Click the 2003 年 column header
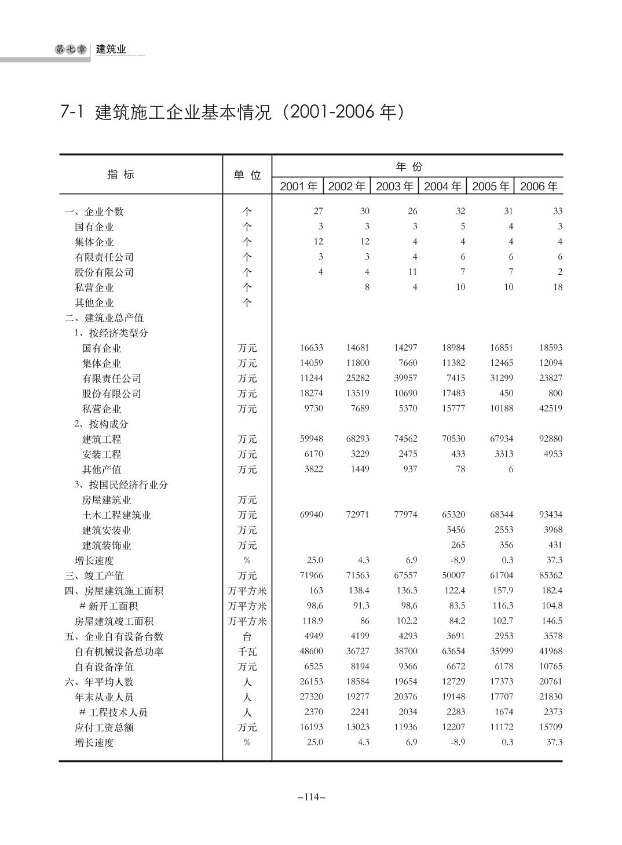click(394, 186)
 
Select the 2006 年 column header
click(539, 186)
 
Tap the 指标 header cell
click(121, 174)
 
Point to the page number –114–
click(311, 797)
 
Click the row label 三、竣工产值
click(94, 576)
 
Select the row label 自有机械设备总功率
click(119, 651)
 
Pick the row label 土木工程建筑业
click(116, 515)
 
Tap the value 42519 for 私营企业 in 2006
click(550, 408)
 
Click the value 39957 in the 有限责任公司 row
click(405, 378)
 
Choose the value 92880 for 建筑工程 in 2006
click(550, 439)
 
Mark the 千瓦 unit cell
click(247, 651)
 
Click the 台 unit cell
click(247, 636)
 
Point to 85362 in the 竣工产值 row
click(550, 576)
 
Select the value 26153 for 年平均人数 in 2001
click(311, 682)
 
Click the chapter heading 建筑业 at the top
click(111, 49)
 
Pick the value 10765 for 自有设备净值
click(550, 666)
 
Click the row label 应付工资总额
click(104, 727)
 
